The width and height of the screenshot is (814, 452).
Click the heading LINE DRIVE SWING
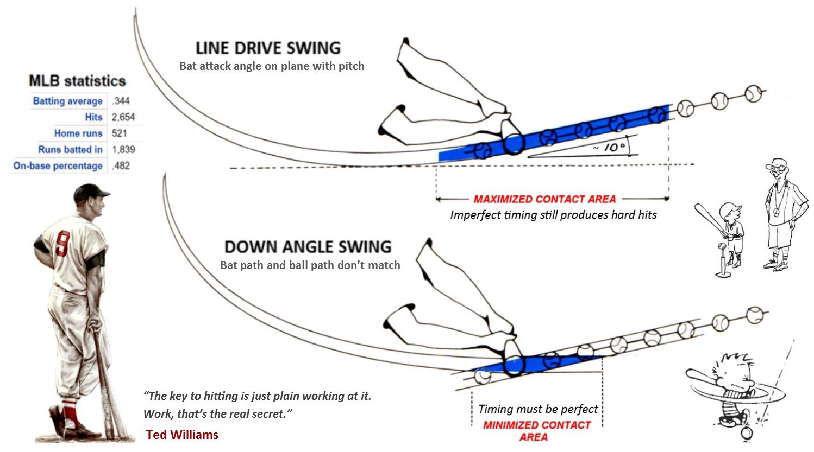268,48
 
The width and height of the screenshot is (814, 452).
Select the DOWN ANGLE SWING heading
308,247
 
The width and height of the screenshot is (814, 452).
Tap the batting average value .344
121,101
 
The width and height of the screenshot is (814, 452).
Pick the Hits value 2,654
123,117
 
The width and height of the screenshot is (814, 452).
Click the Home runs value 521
119,133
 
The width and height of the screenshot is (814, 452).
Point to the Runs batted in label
71,149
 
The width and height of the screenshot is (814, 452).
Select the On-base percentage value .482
121,166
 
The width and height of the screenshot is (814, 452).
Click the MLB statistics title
77,81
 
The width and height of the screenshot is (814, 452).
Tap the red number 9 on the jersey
62,244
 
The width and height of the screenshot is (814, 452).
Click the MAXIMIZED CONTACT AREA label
544,199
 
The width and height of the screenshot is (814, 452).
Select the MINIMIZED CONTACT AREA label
537,431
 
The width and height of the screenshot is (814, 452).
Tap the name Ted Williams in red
182,435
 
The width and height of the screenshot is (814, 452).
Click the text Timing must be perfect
538,409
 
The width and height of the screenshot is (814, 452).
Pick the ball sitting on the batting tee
722,247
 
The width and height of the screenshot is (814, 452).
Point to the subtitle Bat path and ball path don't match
310,265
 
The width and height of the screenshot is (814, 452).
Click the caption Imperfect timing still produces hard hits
554,215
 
